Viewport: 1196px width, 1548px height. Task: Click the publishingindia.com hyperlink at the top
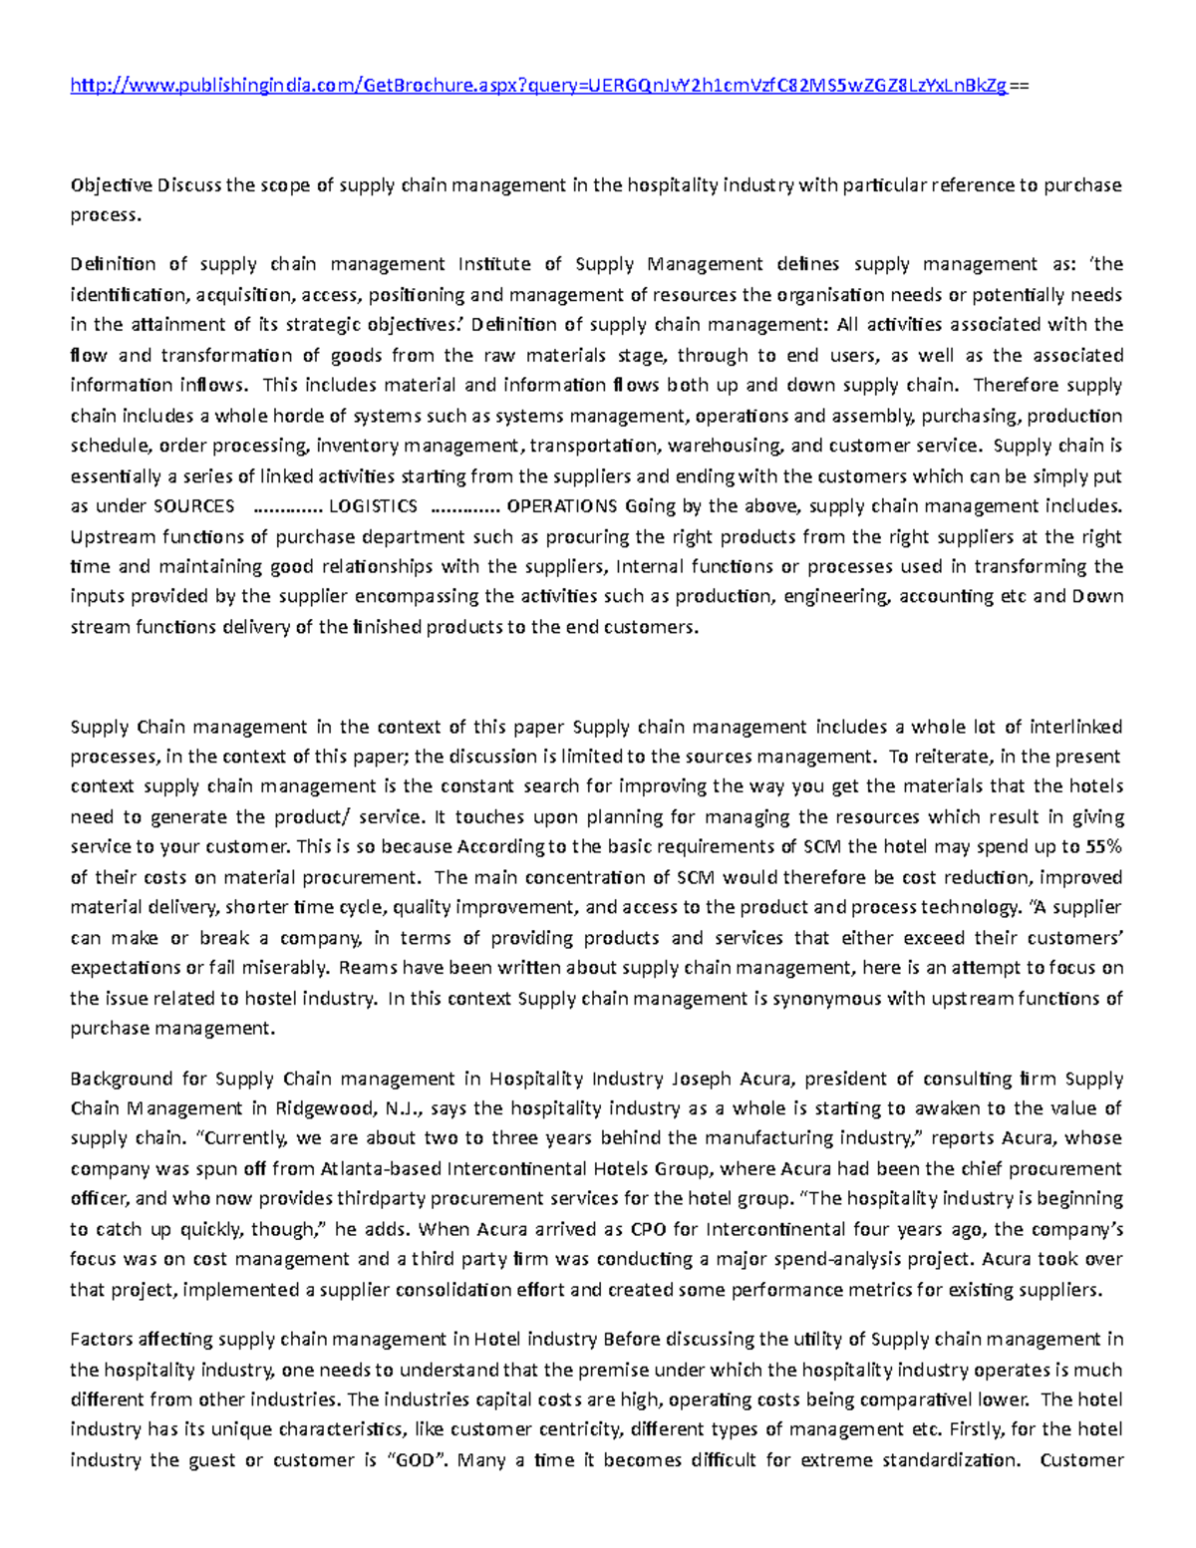(x=538, y=87)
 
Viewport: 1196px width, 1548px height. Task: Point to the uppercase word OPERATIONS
(x=563, y=505)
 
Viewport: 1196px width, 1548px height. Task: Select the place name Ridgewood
(x=327, y=1107)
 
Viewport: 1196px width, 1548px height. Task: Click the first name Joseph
(x=703, y=1078)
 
